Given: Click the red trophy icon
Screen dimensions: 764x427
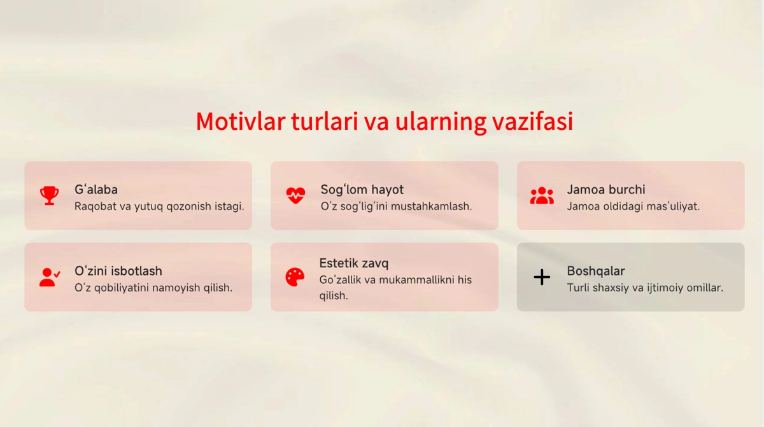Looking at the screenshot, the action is pyautogui.click(x=50, y=195).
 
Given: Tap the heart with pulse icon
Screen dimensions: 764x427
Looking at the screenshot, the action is pyautogui.click(x=295, y=195).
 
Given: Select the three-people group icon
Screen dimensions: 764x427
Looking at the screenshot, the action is pyautogui.click(x=542, y=195).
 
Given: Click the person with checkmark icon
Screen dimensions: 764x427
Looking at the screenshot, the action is pyautogui.click(x=50, y=277).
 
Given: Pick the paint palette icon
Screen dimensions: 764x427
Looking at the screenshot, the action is pyautogui.click(x=295, y=277).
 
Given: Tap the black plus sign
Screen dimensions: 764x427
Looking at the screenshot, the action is pyautogui.click(x=542, y=277).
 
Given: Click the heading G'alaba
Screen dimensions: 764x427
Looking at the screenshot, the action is pyautogui.click(x=96, y=190).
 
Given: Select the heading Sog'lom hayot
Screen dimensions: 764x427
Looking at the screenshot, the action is pyautogui.click(x=362, y=190).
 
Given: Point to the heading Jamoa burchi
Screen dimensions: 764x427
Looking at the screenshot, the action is pyautogui.click(x=606, y=190).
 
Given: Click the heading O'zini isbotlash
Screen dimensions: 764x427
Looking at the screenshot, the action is pyautogui.click(x=118, y=271).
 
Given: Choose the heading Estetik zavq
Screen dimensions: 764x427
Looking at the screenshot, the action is pyautogui.click(x=354, y=263).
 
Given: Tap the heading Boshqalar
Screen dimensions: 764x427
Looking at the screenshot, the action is pyautogui.click(x=596, y=271).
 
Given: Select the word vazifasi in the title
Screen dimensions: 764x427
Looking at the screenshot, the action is pyautogui.click(x=532, y=122).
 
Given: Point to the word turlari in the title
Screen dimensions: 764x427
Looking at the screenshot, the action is pyautogui.click(x=324, y=122).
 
